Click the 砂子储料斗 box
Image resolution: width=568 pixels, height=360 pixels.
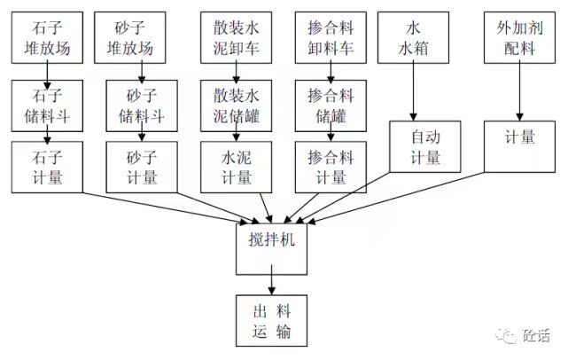coord(141,107)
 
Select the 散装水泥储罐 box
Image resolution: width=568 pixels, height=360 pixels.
coord(236,107)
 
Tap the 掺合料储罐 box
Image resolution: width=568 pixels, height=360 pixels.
coord(330,107)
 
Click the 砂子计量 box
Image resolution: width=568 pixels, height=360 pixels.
coord(141,167)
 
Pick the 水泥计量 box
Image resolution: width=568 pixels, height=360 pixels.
coord(236,167)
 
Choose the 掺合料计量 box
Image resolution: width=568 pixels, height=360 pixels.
coord(330,167)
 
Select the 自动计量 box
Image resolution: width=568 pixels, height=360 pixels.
coord(425,146)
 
